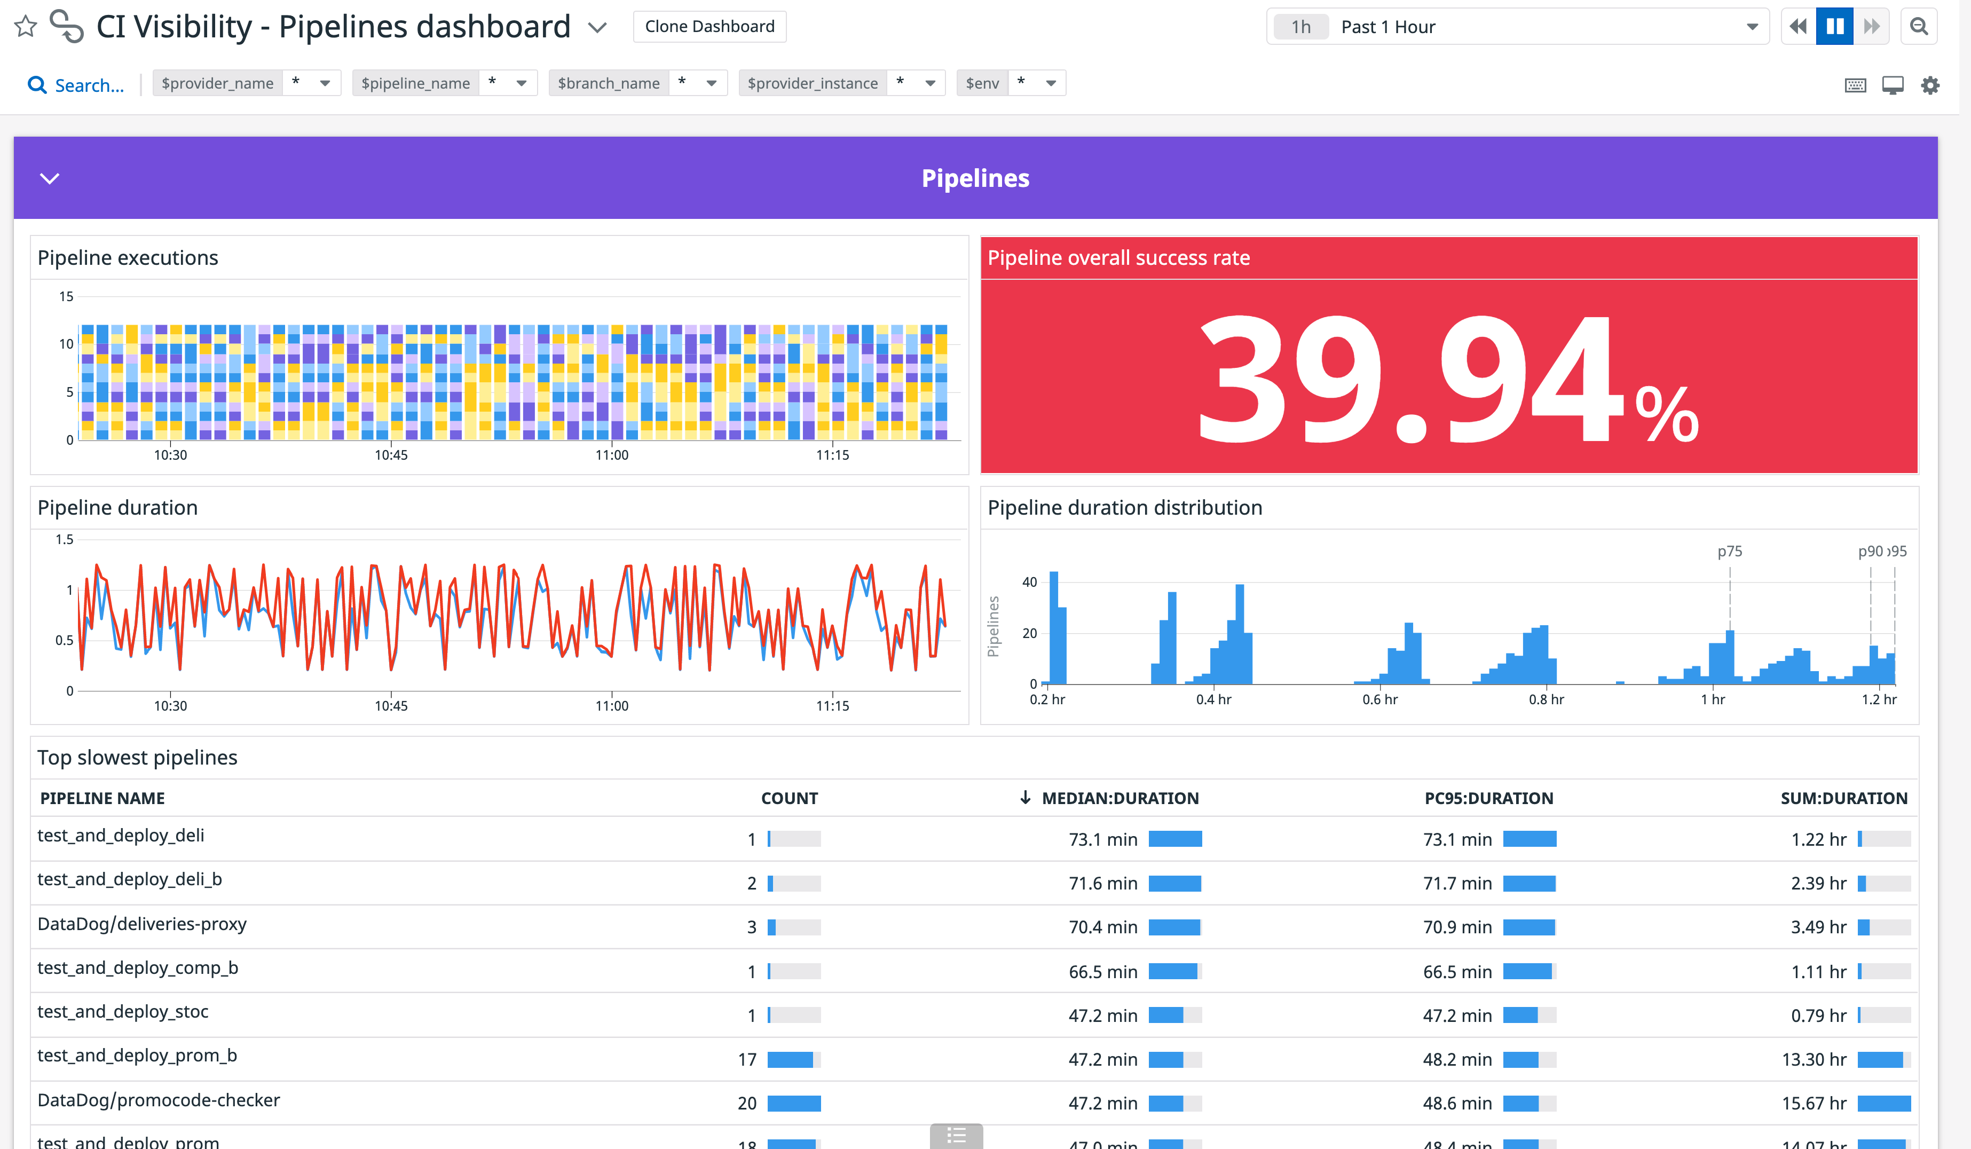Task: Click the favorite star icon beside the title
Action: tap(26, 27)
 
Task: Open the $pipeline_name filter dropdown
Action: tap(521, 83)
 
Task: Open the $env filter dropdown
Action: tap(1051, 83)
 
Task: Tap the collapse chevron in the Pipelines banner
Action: tap(49, 178)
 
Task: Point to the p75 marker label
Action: tap(1729, 552)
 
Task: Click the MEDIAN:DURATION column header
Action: tap(1119, 798)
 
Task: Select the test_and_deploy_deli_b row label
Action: tap(130, 879)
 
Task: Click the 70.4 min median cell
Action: tap(1102, 927)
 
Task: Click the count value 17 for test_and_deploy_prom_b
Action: tap(746, 1059)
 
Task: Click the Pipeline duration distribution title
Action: tap(1124, 508)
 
